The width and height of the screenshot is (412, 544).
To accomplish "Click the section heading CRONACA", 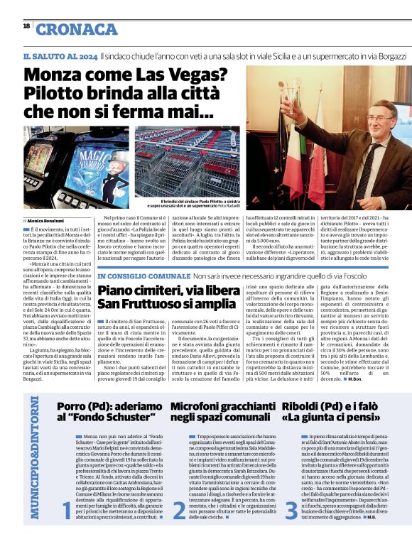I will point(77,28).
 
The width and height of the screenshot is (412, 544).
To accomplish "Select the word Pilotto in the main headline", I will point(55,94).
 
